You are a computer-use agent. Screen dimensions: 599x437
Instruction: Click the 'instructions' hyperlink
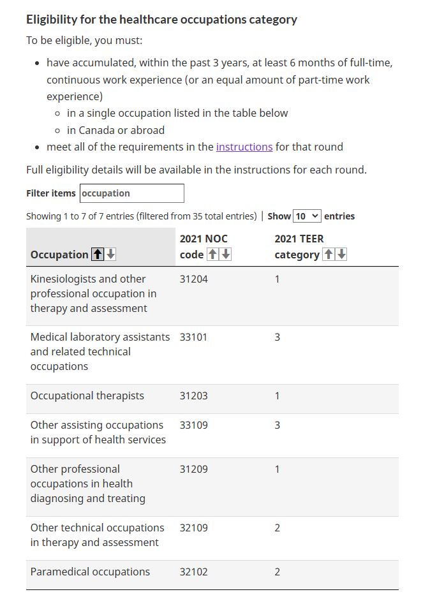[244, 147]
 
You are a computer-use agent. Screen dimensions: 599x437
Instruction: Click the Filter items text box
[132, 193]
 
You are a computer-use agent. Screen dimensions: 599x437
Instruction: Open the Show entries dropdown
[307, 216]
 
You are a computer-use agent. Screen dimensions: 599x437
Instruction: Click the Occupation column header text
[59, 255]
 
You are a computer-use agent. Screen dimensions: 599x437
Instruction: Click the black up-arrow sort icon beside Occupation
[98, 255]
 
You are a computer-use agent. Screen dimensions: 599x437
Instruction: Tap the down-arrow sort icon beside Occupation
[111, 255]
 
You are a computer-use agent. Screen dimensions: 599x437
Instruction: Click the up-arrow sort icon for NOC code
[212, 255]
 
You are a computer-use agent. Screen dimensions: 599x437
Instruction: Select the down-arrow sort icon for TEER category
[342, 255]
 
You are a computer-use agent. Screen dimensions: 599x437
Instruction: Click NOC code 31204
[193, 279]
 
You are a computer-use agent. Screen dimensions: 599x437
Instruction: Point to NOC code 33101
[193, 337]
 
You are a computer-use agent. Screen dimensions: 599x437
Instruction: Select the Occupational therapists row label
[87, 396]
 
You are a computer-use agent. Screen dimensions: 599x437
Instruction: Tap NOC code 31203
[193, 396]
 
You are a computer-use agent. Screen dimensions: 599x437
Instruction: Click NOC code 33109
[193, 425]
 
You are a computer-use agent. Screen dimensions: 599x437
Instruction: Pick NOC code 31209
[193, 469]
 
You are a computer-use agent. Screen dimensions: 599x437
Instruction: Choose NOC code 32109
[193, 528]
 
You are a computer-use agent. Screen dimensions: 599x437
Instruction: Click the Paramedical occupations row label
[90, 572]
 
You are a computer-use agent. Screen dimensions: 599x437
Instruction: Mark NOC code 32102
[193, 572]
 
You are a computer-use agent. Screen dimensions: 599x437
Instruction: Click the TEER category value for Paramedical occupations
[277, 572]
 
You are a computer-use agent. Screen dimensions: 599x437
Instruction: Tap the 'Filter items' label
[51, 193]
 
